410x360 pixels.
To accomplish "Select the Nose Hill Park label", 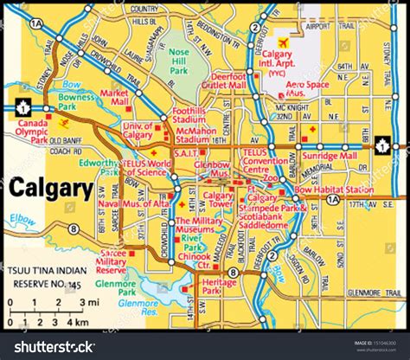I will pyautogui.click(x=179, y=60).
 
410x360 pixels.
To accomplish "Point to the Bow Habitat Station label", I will pyautogui.click(x=334, y=189).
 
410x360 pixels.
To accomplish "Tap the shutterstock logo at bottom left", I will pyautogui.click(x=54, y=346).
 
